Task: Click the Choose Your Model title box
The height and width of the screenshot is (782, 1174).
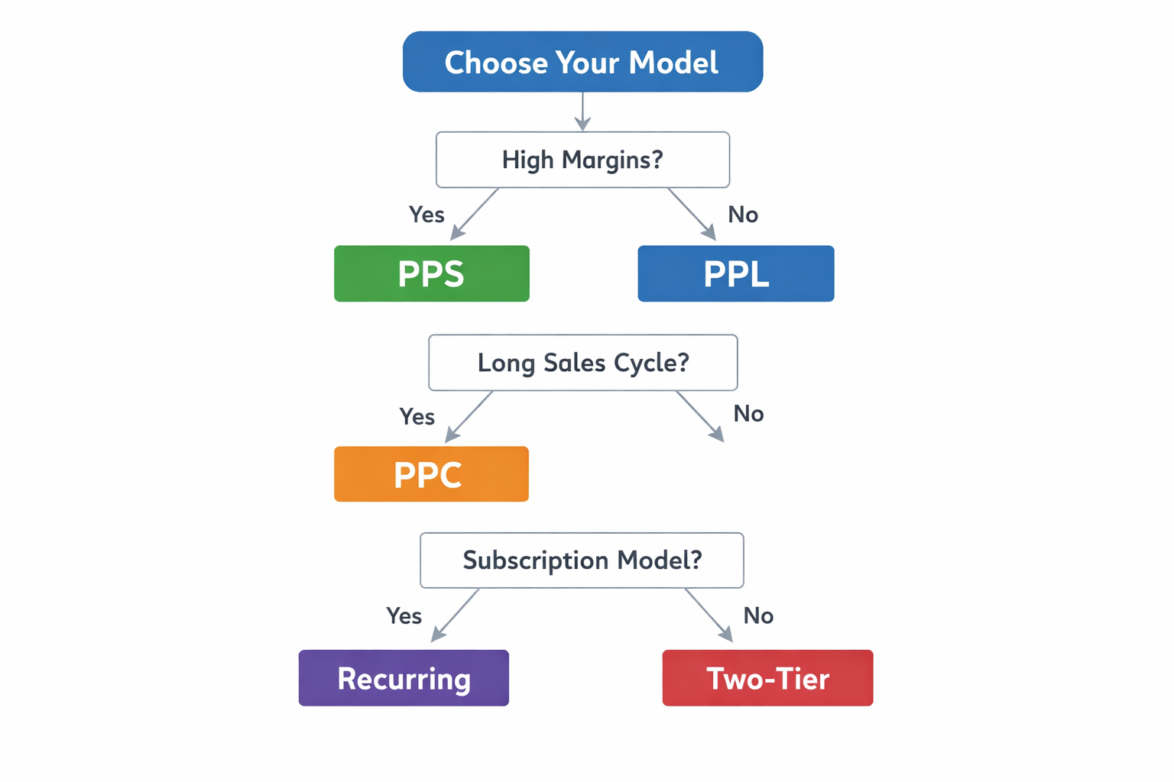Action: [x=582, y=62]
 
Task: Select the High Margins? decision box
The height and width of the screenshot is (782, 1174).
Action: [x=582, y=160]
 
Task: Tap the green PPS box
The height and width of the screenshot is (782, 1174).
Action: [x=431, y=273]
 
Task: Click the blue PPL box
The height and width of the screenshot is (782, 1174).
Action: [x=735, y=273]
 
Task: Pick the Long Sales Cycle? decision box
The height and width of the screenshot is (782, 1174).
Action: [x=582, y=363]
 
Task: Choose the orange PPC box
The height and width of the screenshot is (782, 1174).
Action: [x=431, y=474]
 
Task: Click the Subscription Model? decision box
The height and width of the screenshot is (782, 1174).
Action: [x=582, y=561]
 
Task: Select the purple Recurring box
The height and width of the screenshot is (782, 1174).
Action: [x=404, y=678]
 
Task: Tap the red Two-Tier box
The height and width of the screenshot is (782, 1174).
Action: [x=767, y=678]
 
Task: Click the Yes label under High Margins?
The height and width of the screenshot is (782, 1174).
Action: [x=426, y=215]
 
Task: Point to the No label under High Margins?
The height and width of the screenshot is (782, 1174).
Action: [x=743, y=215]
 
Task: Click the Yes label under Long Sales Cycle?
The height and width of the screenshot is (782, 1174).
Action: [x=417, y=417]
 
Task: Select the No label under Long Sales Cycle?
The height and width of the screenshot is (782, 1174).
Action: [x=748, y=414]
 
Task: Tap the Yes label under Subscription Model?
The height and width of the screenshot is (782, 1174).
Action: [x=404, y=616]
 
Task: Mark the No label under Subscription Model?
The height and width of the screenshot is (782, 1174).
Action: [x=758, y=616]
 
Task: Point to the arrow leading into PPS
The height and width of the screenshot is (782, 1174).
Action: [x=475, y=215]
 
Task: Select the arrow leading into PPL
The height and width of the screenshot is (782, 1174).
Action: [x=692, y=215]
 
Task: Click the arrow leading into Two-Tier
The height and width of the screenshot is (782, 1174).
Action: [x=709, y=615]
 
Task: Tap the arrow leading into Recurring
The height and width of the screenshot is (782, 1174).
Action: [x=456, y=615]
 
